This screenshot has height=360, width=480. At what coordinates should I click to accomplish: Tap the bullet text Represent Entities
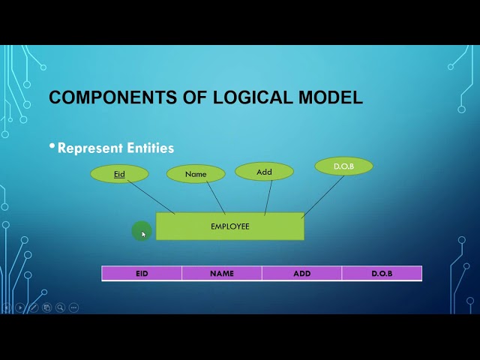tap(115, 148)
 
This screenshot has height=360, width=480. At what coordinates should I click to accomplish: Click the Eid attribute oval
tap(119, 174)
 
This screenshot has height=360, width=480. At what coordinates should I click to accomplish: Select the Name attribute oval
tap(196, 174)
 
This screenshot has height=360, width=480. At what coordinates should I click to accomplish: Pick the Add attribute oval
tap(264, 172)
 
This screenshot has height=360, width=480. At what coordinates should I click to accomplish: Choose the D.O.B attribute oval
tap(343, 166)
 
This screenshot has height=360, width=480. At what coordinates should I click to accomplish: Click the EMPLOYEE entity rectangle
tap(229, 226)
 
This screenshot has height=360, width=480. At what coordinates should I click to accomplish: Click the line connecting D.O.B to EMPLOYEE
tap(322, 196)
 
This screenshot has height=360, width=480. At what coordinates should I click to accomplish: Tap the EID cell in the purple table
tap(142, 274)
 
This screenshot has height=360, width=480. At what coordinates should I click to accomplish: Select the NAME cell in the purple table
tap(222, 274)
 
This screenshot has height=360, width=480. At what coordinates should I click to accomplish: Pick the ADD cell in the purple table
tap(302, 274)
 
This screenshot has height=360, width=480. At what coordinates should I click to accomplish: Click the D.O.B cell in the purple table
tap(382, 274)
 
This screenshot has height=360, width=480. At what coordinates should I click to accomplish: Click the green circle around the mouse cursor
tap(141, 232)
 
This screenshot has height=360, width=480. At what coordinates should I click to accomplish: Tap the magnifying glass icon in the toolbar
tap(60, 307)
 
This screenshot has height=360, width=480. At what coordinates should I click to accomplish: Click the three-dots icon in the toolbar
tap(73, 307)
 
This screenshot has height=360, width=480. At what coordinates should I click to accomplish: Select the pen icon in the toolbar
tap(33, 307)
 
